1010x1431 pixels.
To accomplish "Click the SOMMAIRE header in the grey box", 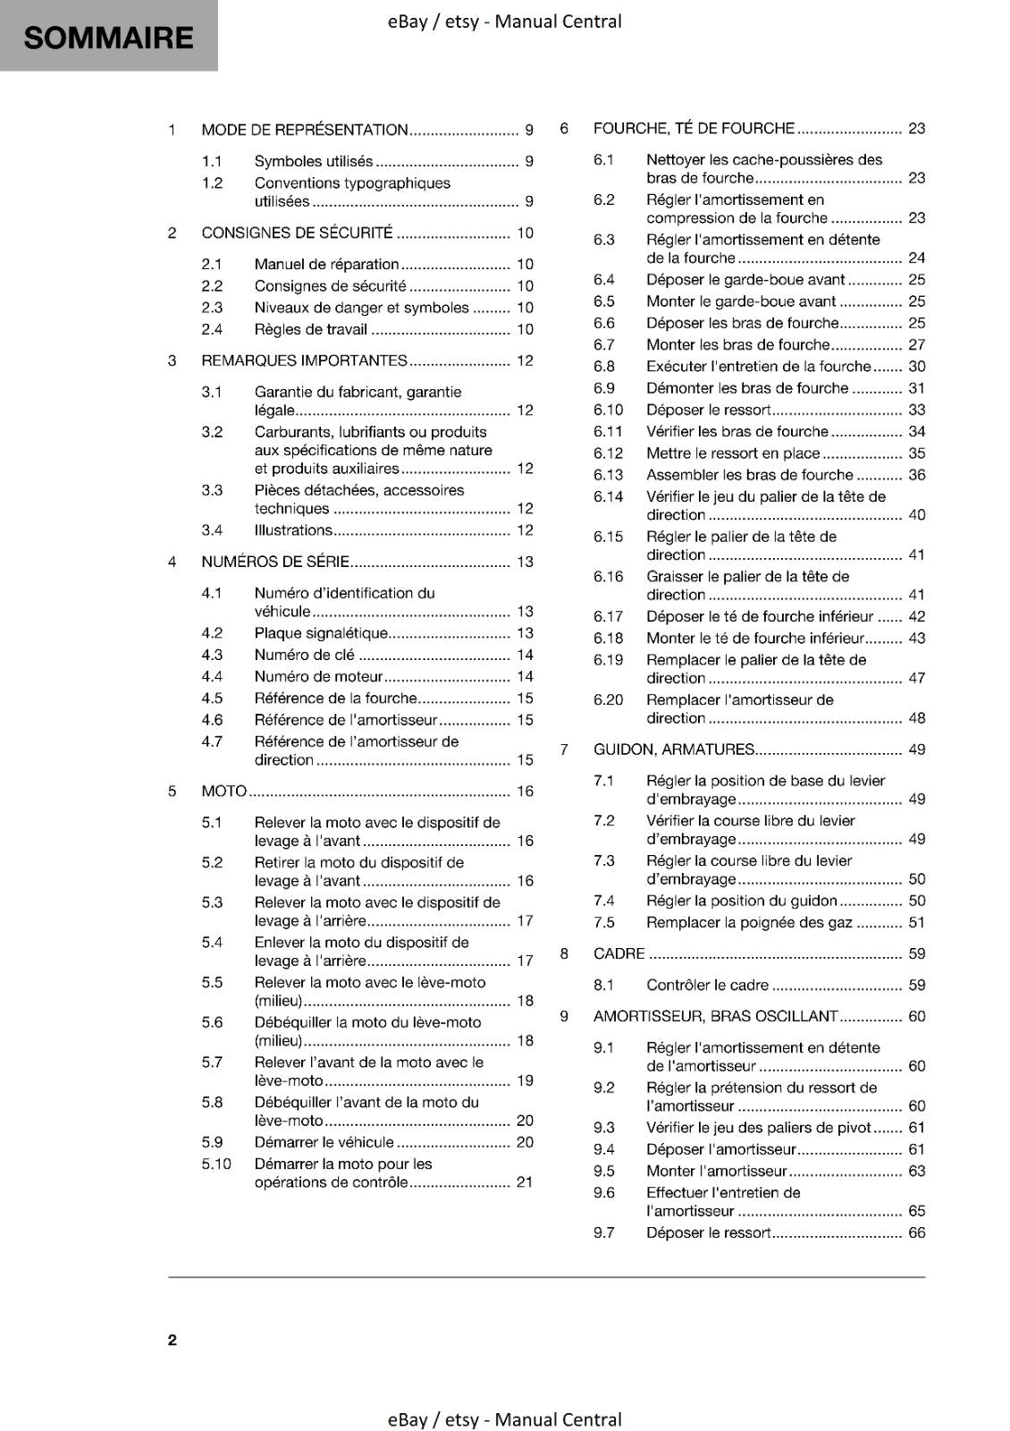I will (108, 38).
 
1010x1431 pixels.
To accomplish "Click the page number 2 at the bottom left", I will (173, 1340).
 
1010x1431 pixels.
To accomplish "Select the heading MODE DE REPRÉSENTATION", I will (304, 130).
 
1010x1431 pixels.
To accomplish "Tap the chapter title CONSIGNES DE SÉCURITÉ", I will (297, 233).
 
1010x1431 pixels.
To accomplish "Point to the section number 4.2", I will (212, 633).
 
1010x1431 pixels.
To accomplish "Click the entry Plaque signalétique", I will (321, 633).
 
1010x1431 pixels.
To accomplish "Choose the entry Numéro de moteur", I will (318, 677).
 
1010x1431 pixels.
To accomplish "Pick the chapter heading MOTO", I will (223, 791).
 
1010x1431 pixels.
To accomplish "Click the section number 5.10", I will (216, 1164).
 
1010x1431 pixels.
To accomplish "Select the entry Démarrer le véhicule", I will (324, 1142).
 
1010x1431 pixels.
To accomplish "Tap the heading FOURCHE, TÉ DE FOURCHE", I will (694, 128).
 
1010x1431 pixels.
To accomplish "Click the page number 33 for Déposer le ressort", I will (917, 410).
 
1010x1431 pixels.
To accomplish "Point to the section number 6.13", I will (608, 475).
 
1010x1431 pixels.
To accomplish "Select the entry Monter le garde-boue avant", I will (741, 301).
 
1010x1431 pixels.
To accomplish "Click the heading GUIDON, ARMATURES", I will (674, 749).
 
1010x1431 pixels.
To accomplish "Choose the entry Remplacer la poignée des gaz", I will (749, 922).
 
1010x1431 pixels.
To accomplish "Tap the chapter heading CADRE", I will (619, 953).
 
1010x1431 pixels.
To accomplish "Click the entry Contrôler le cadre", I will (707, 985).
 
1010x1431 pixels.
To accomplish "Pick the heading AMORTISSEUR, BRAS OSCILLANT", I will (716, 1016).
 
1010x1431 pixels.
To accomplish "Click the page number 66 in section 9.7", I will (917, 1232).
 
